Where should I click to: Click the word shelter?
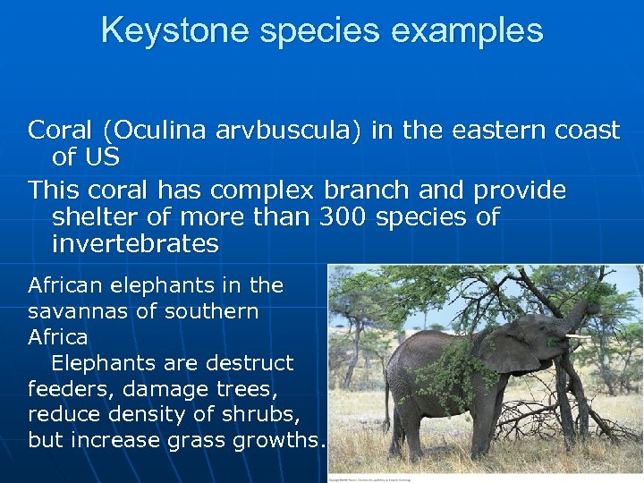(x=101, y=216)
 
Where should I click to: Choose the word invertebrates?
(x=135, y=243)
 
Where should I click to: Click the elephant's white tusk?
(x=577, y=336)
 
